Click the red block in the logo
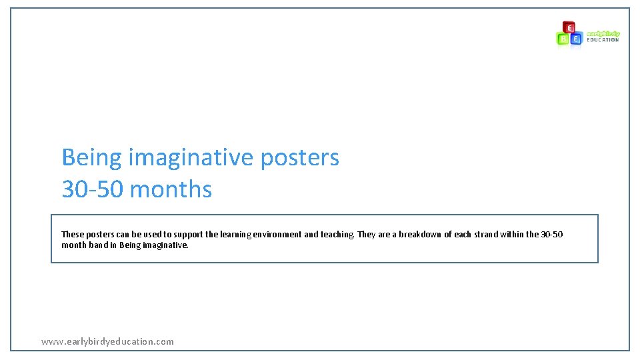(569, 27)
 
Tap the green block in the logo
(563, 39)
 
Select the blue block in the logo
(577, 39)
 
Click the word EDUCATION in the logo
(603, 40)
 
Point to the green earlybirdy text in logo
(603, 33)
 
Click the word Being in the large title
(92, 158)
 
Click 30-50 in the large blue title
(93, 189)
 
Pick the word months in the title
(171, 189)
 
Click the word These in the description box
(72, 235)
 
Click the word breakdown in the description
(420, 235)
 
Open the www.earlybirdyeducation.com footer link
(107, 341)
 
